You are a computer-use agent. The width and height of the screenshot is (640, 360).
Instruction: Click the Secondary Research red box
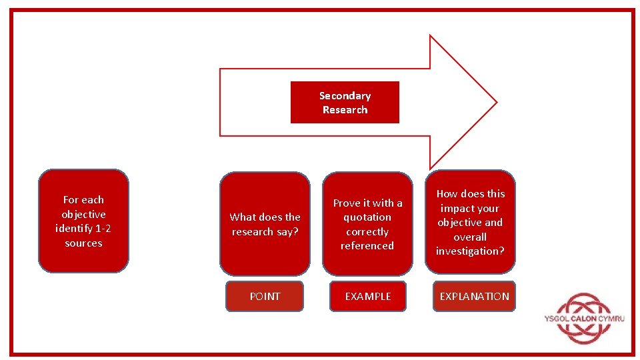point(345,102)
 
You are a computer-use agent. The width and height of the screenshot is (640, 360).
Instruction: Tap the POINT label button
point(265,297)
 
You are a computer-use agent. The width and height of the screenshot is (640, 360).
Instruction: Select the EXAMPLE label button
point(367,297)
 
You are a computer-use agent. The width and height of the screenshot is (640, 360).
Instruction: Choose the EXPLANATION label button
point(474,297)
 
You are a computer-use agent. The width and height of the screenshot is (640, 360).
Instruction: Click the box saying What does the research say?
point(265,224)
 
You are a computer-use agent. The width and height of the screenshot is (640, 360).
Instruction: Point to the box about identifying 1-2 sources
point(83,221)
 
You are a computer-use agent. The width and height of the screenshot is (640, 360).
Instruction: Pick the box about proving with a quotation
point(367,224)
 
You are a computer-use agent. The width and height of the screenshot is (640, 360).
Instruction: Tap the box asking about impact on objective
point(470,222)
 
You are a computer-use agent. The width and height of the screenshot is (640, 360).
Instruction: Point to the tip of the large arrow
point(495,102)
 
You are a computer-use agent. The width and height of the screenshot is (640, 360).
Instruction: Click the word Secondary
point(345,96)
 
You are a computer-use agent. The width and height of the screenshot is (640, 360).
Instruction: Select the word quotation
point(367,217)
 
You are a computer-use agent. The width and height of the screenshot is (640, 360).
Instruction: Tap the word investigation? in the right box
point(470,251)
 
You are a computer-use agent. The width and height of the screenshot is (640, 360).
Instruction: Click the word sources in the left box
point(83,243)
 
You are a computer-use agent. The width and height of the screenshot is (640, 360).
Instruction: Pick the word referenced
point(367,246)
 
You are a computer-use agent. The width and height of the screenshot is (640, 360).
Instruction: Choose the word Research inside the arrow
point(345,110)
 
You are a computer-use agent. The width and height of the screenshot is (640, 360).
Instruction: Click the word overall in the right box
point(470,237)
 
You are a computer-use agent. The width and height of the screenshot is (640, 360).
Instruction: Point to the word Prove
point(347,203)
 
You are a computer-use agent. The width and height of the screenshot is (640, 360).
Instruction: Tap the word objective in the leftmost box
point(83,214)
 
